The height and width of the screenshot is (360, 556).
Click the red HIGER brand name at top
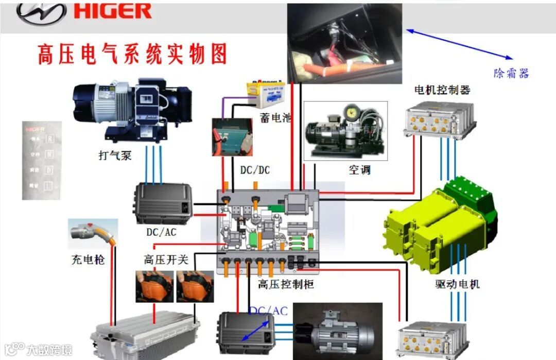point(113,11)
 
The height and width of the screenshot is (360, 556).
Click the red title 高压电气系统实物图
point(132,54)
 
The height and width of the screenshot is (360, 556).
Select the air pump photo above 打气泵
point(132,110)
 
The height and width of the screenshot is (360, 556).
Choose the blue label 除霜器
point(511,73)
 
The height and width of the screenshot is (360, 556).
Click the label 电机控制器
point(442,90)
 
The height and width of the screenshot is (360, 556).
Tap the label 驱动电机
point(457,283)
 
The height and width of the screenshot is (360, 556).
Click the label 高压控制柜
point(286,283)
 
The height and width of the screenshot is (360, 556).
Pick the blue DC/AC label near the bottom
point(268,311)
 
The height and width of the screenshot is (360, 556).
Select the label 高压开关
point(166,260)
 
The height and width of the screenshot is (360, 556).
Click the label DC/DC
point(255,169)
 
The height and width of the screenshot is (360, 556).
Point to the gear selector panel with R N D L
point(42,160)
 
